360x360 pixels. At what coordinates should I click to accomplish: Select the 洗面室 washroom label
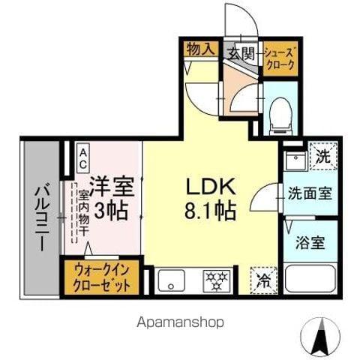point(308,191)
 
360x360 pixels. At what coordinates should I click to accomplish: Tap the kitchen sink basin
point(172,280)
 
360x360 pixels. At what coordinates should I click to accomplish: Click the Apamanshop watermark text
point(180,322)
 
